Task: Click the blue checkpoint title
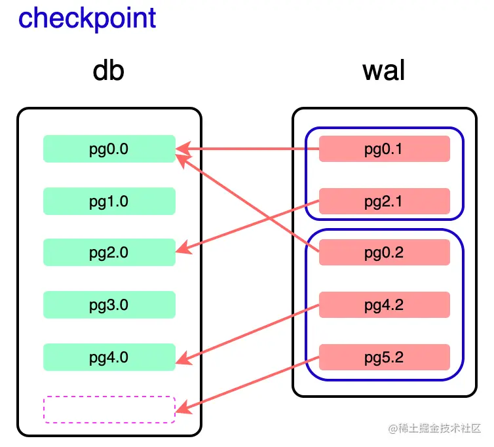point(87,18)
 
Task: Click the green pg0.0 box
point(109,149)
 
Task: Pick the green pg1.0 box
point(109,201)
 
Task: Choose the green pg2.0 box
point(109,252)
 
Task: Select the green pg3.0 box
point(109,305)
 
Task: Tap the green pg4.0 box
point(109,357)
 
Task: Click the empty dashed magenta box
point(109,409)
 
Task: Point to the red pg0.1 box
point(384,149)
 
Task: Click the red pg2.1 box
point(384,201)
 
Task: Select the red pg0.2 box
point(384,252)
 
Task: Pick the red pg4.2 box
point(384,305)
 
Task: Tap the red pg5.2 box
point(384,357)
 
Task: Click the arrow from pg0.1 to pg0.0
point(249,149)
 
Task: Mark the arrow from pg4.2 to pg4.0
point(249,332)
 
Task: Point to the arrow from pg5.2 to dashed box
point(249,384)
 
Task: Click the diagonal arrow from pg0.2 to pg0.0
point(249,200)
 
